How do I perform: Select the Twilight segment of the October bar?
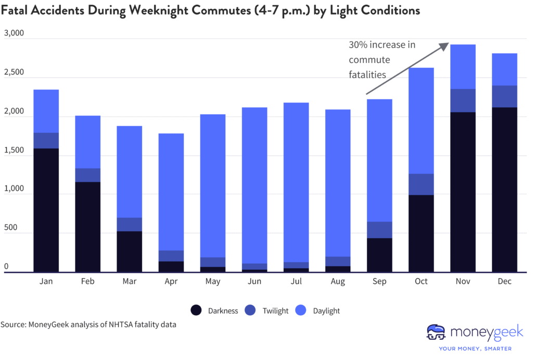click(x=421, y=184)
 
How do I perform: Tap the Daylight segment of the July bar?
click(x=296, y=182)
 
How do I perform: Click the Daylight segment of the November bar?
click(x=463, y=67)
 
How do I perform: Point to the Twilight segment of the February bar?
click(x=87, y=175)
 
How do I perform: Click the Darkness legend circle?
click(x=196, y=311)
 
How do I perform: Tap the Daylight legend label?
click(x=326, y=311)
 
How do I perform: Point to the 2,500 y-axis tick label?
click(x=14, y=72)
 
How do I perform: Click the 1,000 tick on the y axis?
click(x=14, y=189)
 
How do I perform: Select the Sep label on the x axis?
click(x=379, y=281)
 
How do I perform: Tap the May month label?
click(x=213, y=281)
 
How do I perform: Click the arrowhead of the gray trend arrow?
click(x=446, y=45)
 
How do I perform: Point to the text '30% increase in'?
click(x=382, y=45)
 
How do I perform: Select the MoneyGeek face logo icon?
click(x=436, y=332)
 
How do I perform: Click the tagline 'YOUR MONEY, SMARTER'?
click(x=475, y=349)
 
